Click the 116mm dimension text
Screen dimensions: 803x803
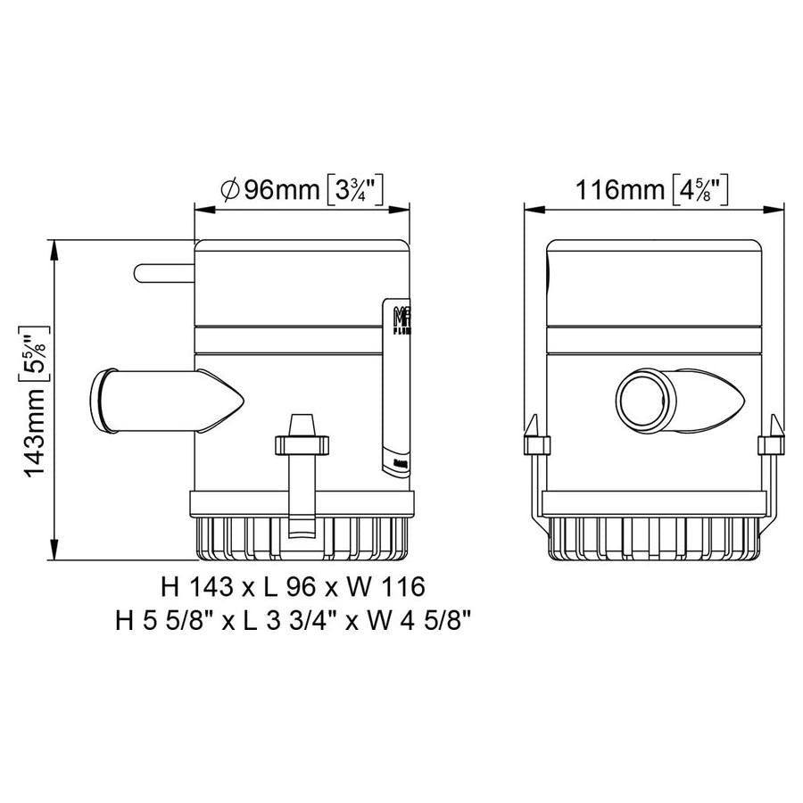(617, 189)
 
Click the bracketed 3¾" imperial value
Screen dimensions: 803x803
(356, 189)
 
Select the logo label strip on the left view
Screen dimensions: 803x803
(396, 384)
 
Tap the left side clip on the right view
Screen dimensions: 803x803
(532, 446)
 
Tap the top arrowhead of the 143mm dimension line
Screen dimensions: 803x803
(55, 246)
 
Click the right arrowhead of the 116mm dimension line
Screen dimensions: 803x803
(778, 211)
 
